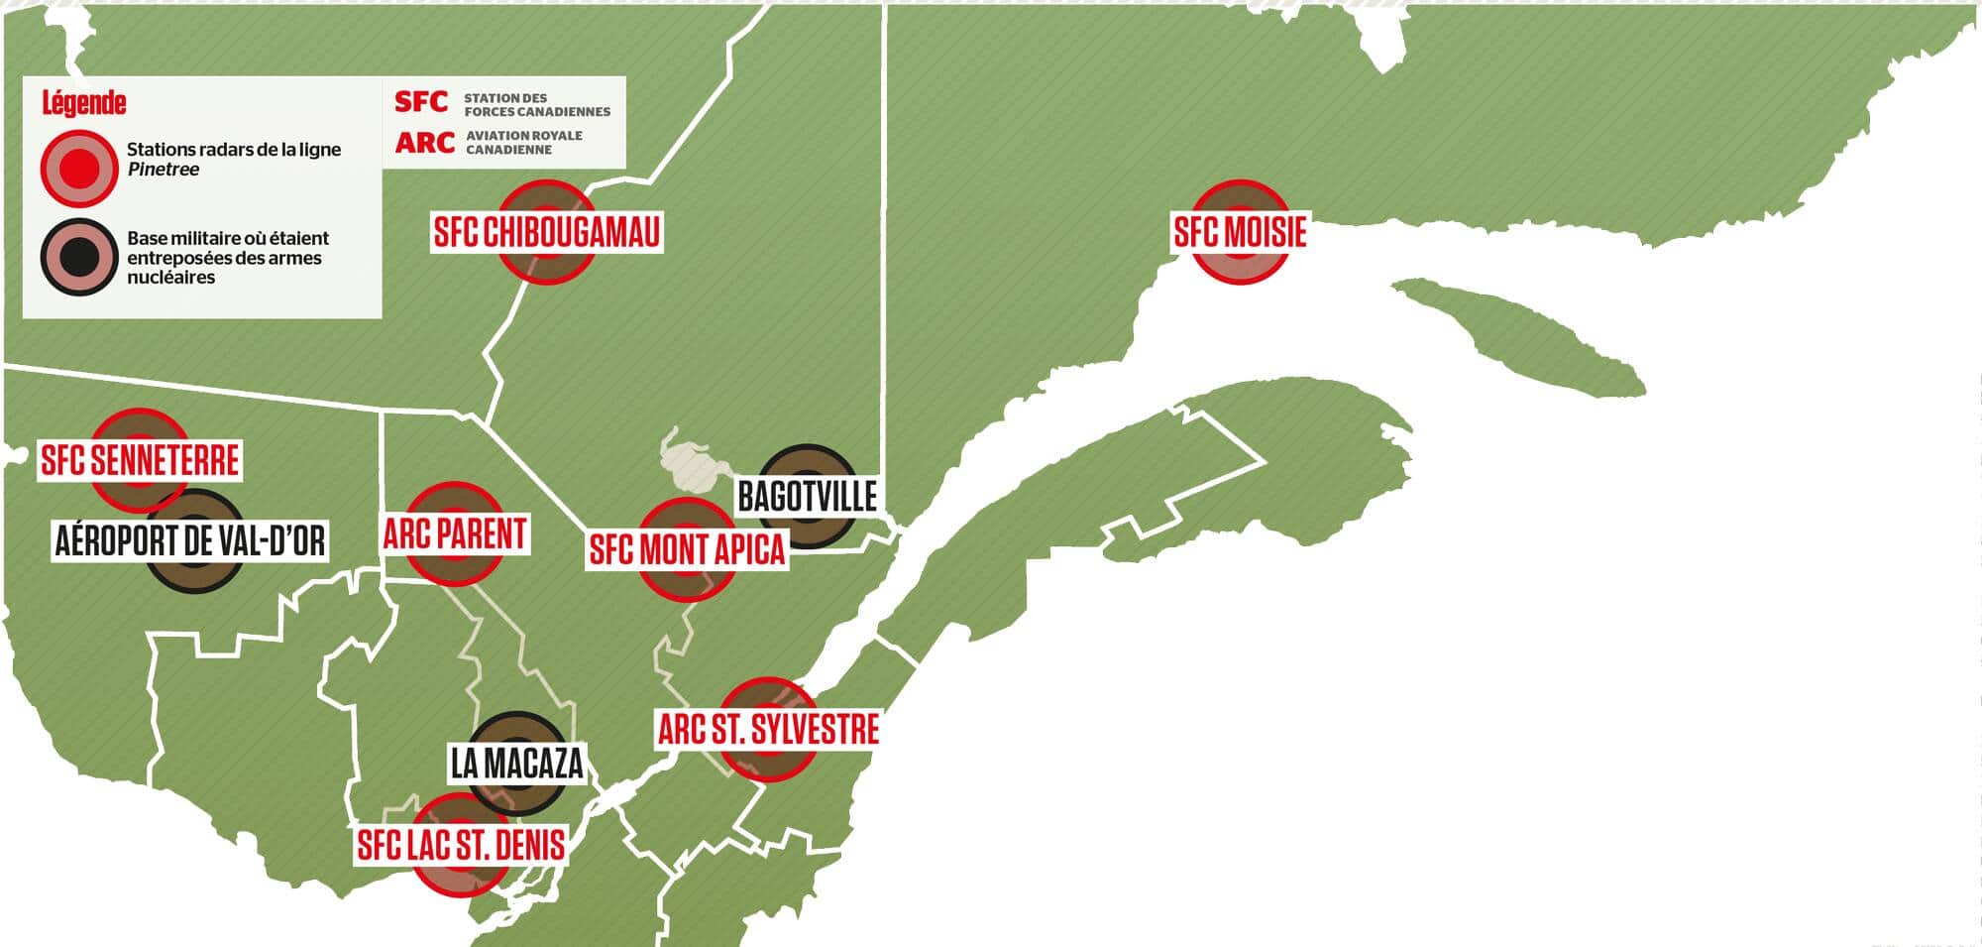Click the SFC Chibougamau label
546,233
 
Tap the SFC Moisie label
1240,232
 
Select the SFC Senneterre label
140,460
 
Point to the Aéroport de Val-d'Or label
189,541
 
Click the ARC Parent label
455,534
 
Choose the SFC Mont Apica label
687,549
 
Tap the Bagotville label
807,496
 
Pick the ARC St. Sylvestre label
768,730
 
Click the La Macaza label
516,764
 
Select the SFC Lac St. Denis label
461,845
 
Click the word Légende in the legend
84,103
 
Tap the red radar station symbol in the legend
79,168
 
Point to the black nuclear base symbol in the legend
79,257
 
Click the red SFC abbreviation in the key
421,102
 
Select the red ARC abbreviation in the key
424,143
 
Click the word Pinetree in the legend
164,170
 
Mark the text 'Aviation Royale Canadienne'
523,143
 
